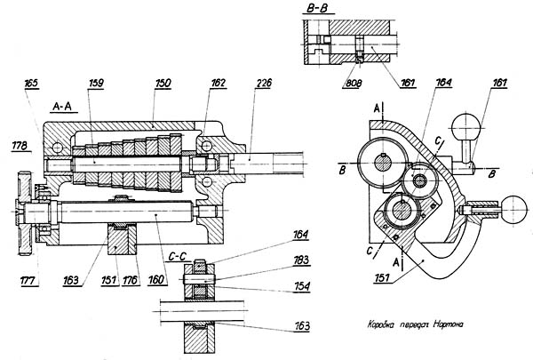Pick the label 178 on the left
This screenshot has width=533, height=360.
(x=16, y=142)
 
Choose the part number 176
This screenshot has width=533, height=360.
(x=132, y=278)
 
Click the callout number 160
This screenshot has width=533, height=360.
(x=156, y=278)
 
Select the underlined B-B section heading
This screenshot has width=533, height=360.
(x=316, y=8)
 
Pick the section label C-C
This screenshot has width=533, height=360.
(x=178, y=254)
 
